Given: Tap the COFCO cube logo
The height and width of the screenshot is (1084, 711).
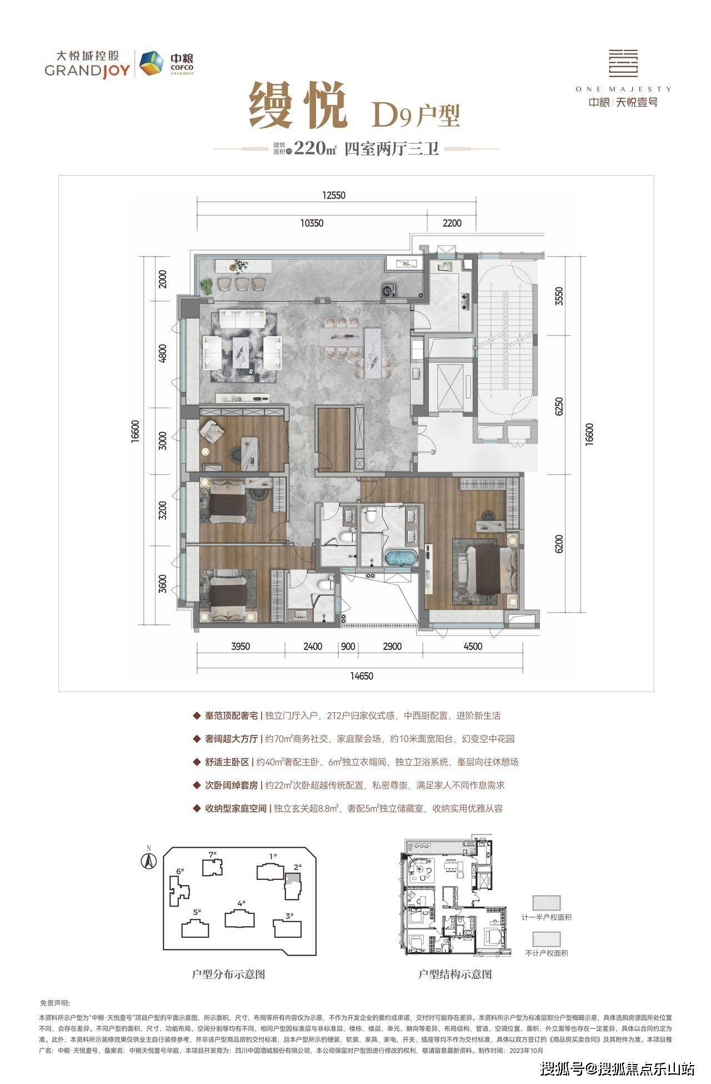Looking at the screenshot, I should click(x=149, y=63).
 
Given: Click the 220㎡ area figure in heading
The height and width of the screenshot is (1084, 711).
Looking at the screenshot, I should click(x=315, y=148).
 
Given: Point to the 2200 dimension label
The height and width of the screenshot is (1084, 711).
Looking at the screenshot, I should click(x=452, y=223).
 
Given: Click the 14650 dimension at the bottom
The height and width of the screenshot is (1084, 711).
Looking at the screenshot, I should click(x=362, y=676).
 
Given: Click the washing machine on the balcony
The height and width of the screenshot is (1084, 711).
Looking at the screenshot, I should click(x=387, y=290).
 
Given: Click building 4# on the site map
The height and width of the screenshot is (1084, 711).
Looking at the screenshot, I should click(x=241, y=918).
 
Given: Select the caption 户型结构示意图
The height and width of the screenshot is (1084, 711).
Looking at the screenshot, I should click(x=455, y=989).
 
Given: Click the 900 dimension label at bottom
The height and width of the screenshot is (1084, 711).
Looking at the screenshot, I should click(x=348, y=646).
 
